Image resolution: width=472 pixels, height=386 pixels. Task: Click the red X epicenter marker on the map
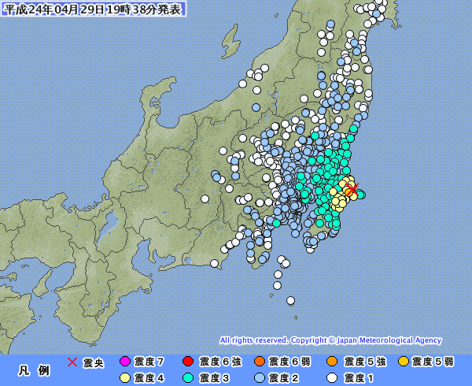(x=352, y=188)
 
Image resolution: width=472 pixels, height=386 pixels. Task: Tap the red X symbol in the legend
(x=72, y=362)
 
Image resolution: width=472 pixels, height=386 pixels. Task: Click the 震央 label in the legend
(x=94, y=362)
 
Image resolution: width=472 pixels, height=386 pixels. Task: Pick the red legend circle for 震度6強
(x=189, y=362)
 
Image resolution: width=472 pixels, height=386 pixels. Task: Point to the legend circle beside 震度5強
(x=333, y=362)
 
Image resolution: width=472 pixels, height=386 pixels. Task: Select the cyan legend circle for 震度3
(x=189, y=378)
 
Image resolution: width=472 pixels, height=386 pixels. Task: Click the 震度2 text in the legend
(x=285, y=378)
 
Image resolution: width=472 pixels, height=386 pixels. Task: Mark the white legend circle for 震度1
(x=333, y=378)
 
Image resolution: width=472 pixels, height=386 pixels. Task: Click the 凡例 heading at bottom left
(x=34, y=370)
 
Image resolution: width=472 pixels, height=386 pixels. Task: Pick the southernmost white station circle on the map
(x=290, y=300)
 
